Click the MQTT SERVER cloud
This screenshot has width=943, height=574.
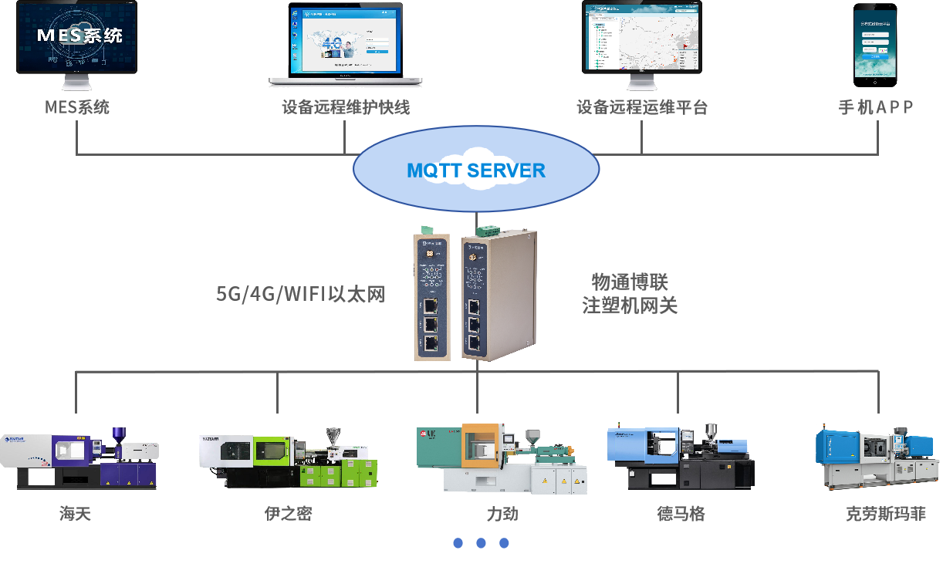[475, 171]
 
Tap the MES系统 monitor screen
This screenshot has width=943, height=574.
[76, 37]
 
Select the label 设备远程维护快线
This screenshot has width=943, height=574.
[345, 107]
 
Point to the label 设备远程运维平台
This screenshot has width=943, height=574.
[641, 107]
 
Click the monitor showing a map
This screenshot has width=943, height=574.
[641, 36]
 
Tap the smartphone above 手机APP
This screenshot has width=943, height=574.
[875, 44]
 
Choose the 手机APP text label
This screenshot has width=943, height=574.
[876, 107]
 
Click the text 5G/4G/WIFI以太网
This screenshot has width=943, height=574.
[300, 294]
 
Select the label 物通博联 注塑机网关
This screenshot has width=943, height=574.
[630, 293]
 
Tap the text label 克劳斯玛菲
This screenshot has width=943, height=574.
[885, 514]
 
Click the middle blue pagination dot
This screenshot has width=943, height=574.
[481, 543]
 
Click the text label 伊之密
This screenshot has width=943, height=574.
[288, 514]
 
